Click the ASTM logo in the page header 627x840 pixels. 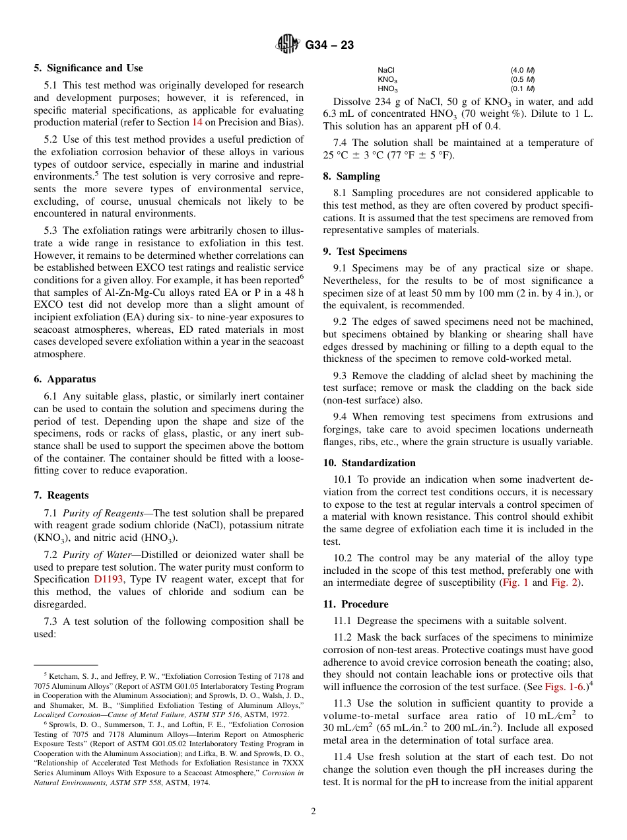tap(288, 44)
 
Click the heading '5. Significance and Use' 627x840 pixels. tap(88, 68)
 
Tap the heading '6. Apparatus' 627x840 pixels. tap(65, 379)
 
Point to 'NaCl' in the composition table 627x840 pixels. tap(386, 70)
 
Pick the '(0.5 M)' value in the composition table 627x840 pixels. tap(522, 79)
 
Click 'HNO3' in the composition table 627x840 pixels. tap(387, 88)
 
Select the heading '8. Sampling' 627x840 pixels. tap(351, 176)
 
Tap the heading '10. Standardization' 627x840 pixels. tap(369, 463)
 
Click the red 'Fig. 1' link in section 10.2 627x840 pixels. tap(515, 583)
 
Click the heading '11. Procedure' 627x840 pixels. tap(355, 604)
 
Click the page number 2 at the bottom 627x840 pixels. tap(313, 812)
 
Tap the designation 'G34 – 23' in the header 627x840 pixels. tap(329, 45)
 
